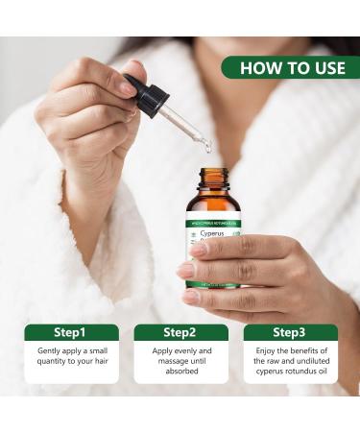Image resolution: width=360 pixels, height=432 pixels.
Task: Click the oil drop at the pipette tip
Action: click(x=205, y=146)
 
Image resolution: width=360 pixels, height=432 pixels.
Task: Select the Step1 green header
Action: click(x=71, y=332)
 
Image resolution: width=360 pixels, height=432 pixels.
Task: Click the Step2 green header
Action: click(x=180, y=332)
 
